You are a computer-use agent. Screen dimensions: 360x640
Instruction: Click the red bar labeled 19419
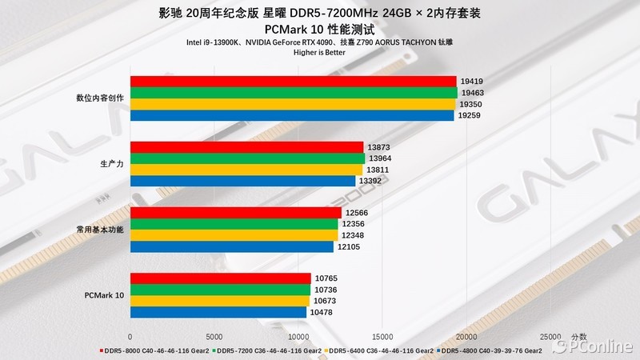pyautogui.click(x=293, y=82)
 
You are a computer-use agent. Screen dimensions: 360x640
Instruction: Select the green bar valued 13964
pyautogui.click(x=247, y=158)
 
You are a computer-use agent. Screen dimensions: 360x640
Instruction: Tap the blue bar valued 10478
pyautogui.click(x=218, y=312)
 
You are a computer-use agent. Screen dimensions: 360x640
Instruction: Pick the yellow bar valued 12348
pyautogui.click(x=234, y=235)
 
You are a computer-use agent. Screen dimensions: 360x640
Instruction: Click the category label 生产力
pyautogui.click(x=111, y=163)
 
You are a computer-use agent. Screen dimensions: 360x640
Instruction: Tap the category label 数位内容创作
pyautogui.click(x=100, y=98)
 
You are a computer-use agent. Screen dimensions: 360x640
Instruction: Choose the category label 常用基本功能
pyautogui.click(x=100, y=230)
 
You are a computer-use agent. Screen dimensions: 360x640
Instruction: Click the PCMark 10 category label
pyautogui.click(x=104, y=295)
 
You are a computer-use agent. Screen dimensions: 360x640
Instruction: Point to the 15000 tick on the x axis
pyautogui.click(x=382, y=337)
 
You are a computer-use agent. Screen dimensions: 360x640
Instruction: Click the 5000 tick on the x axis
pyautogui.click(x=214, y=337)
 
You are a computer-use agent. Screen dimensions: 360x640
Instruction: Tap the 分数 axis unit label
pyautogui.click(x=579, y=337)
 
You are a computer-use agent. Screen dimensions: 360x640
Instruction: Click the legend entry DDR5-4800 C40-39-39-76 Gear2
pyautogui.click(x=493, y=350)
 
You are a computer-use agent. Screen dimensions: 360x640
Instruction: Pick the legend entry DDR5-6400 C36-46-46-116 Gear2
pyautogui.click(x=381, y=350)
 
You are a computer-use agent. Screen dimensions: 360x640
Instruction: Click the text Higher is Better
pyautogui.click(x=319, y=53)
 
